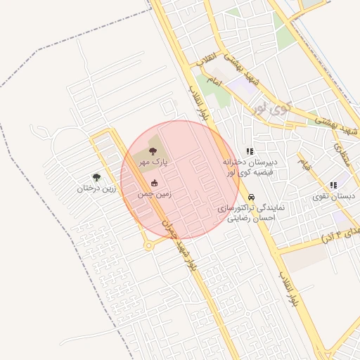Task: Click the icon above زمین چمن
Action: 155,183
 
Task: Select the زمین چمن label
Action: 150,193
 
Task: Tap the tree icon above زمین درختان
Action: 96,177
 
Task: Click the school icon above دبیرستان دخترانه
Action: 249,151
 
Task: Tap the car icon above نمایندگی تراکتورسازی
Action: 252,198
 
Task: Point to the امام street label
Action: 214,84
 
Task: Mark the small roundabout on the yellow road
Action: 148,245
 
